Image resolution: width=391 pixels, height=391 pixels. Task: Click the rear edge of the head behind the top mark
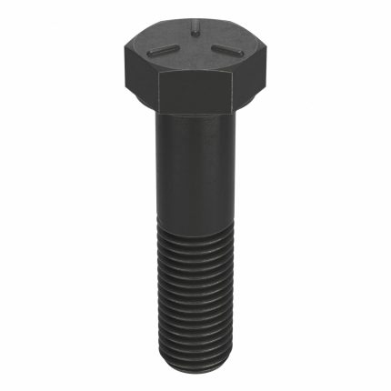[195, 23]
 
